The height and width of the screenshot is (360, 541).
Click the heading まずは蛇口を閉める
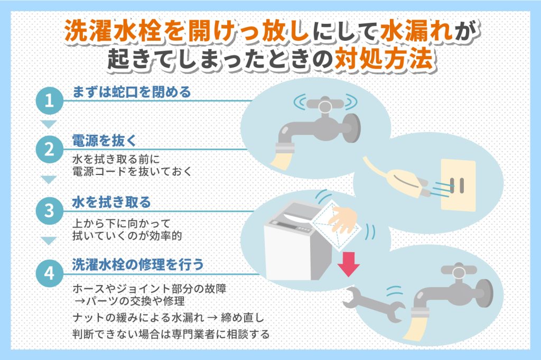pos(131,92)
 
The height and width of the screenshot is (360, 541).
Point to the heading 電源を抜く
pos(104,140)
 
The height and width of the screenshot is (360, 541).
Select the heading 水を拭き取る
pos(111,202)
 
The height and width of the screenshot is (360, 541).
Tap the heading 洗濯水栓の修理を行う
pos(137,265)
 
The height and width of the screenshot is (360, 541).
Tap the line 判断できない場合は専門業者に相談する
pos(171,334)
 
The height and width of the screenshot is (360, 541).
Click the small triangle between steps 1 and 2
pos(49,125)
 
